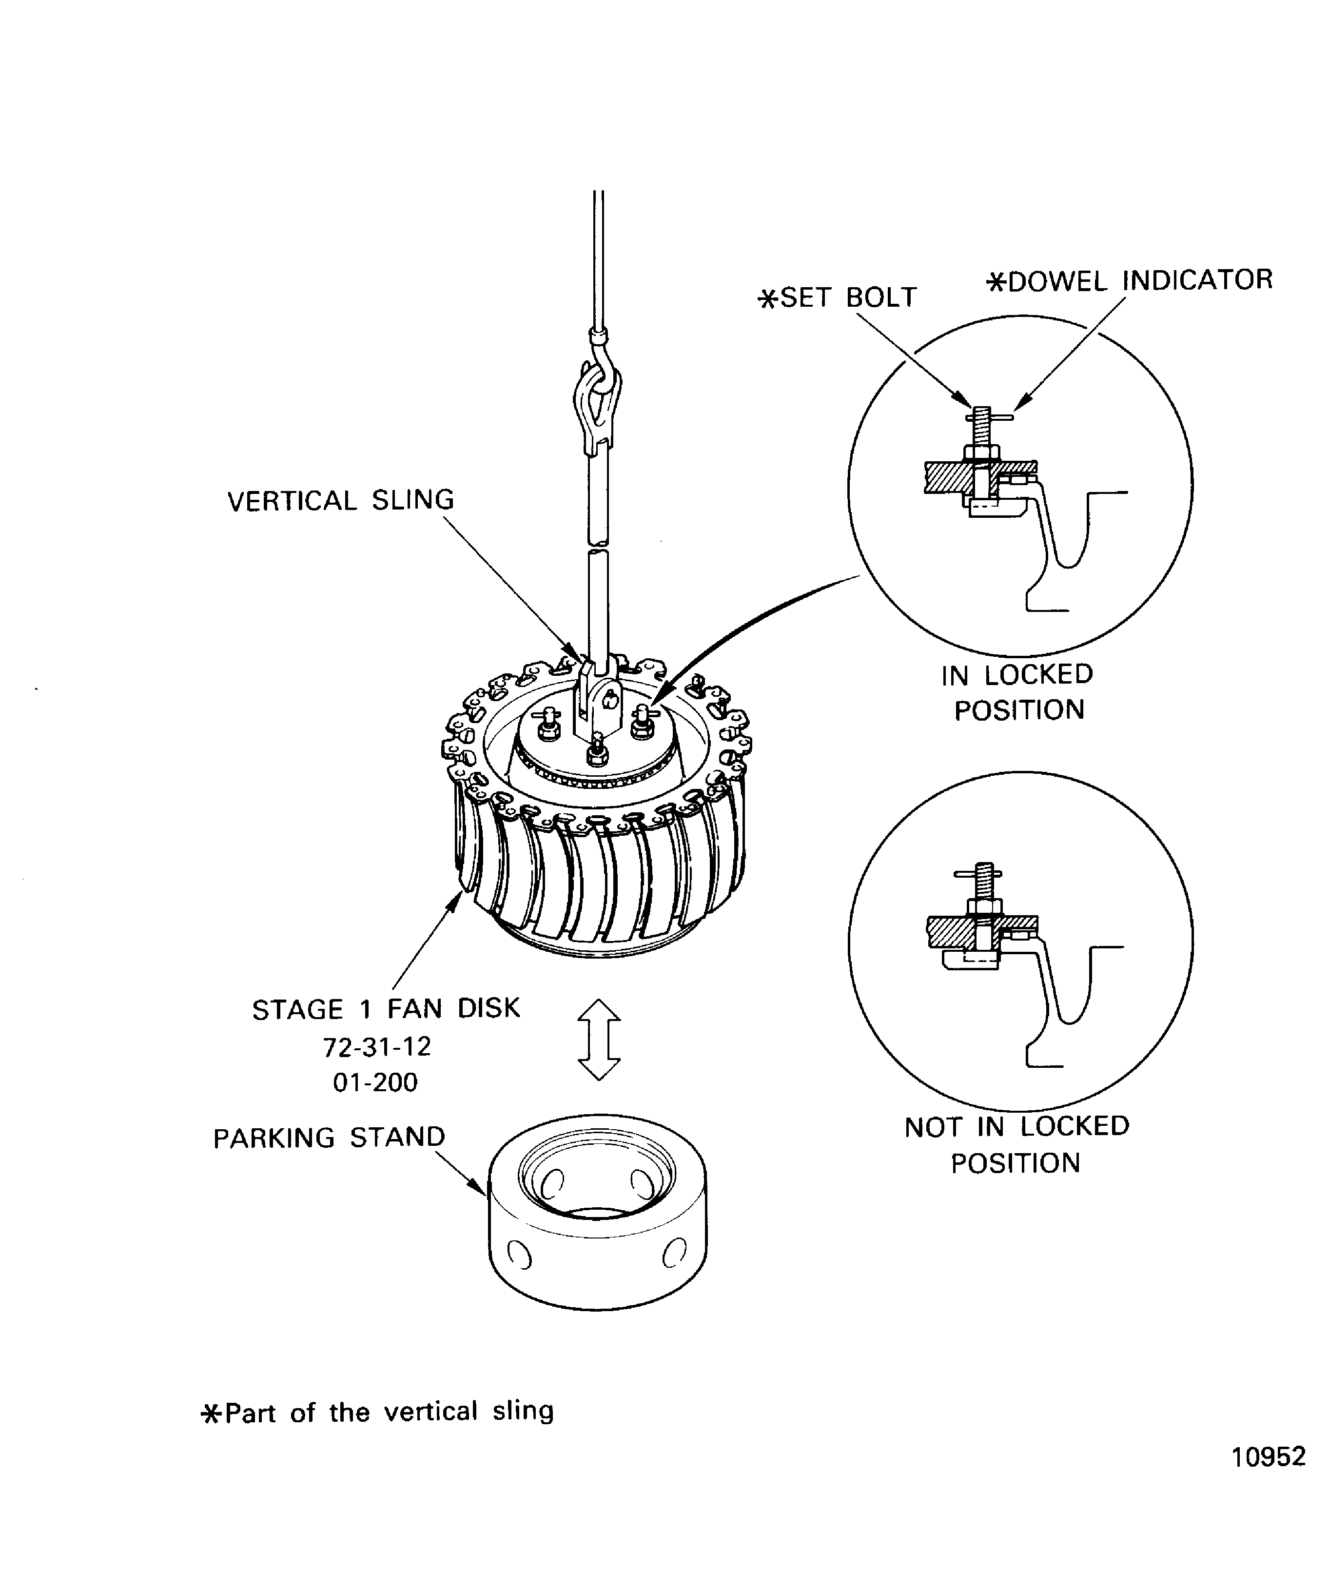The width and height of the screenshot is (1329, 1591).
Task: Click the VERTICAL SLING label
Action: pyautogui.click(x=340, y=501)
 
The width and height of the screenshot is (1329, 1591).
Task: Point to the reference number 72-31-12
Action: pyautogui.click(x=376, y=1047)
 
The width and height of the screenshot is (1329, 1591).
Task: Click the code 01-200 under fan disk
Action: pyautogui.click(x=375, y=1082)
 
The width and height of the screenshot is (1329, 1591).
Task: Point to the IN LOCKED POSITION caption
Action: pyautogui.click(x=1017, y=692)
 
